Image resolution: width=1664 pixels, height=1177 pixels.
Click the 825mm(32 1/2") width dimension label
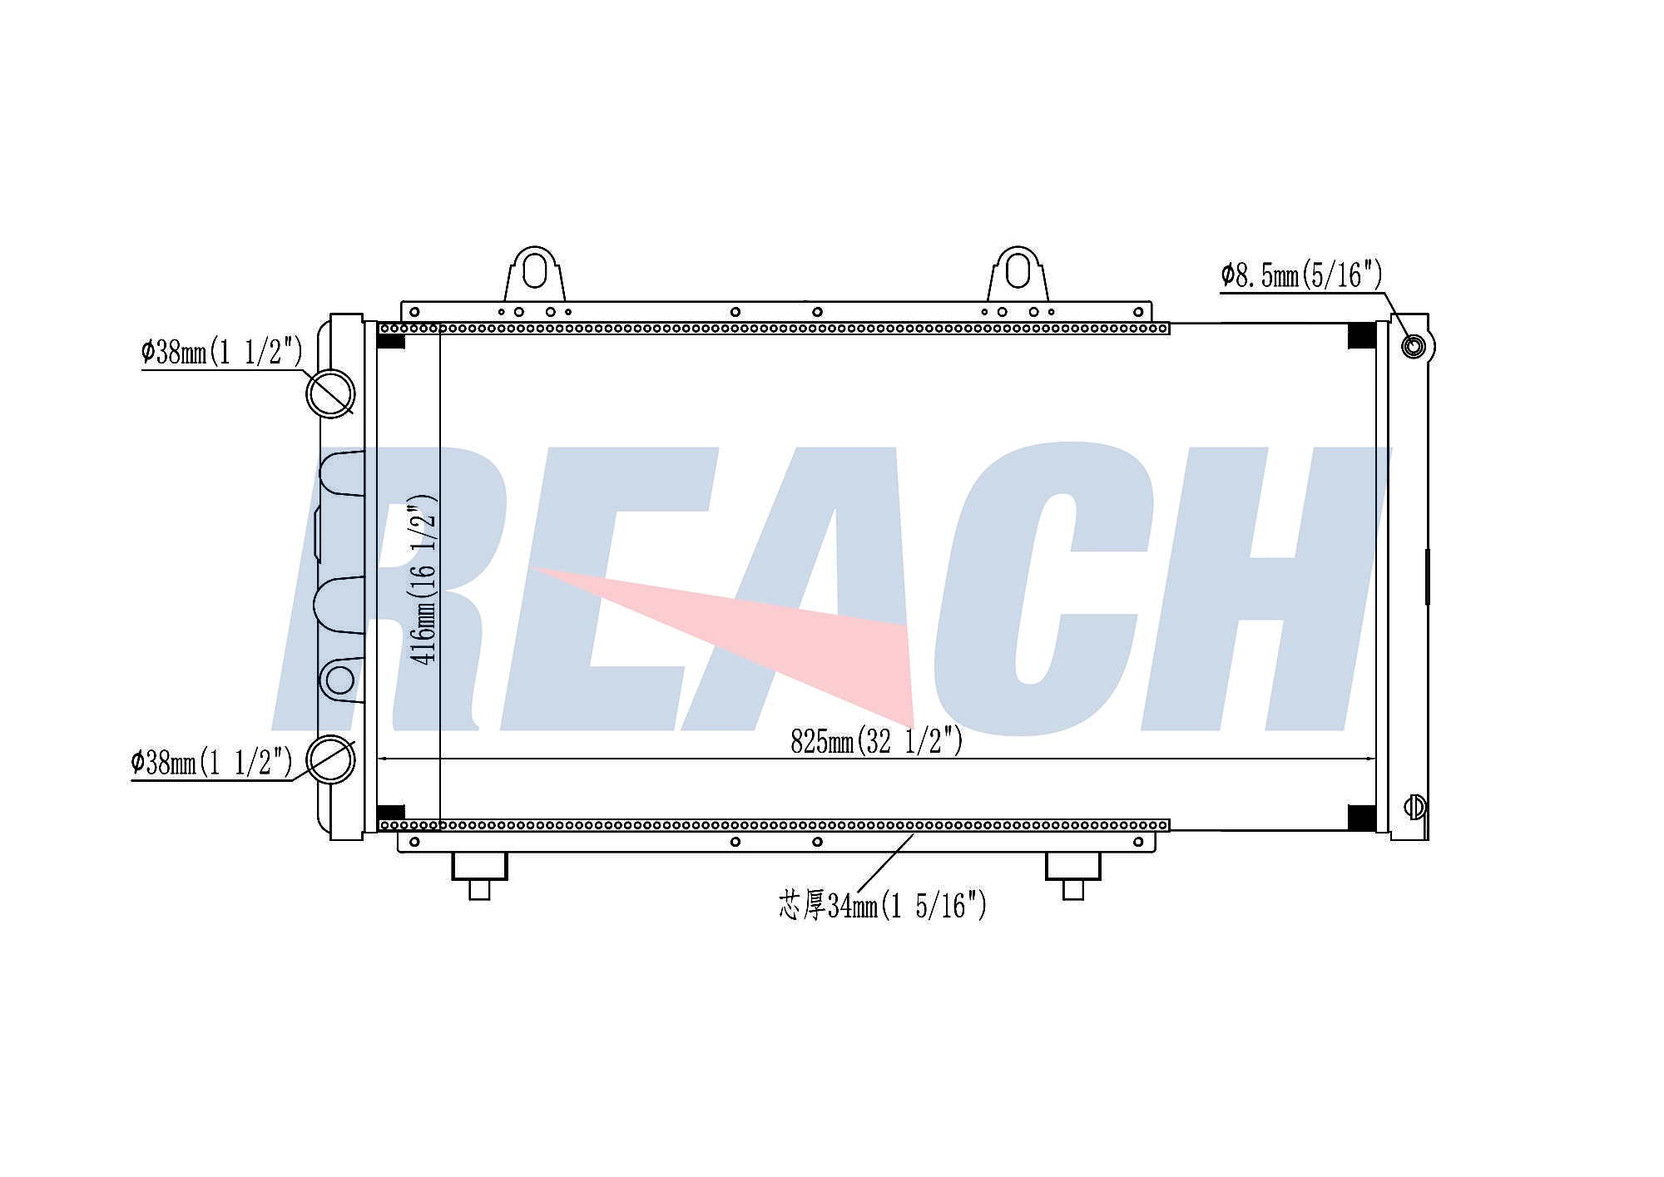coord(876,739)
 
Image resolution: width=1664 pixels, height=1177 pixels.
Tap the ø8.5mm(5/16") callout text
coord(1301,274)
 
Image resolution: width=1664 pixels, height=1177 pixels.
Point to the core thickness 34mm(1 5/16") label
coord(883,905)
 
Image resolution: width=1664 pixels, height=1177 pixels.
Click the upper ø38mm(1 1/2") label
coord(222,352)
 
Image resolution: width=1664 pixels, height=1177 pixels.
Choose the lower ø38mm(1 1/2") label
coord(211,761)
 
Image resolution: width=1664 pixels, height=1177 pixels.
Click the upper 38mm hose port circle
coord(330,393)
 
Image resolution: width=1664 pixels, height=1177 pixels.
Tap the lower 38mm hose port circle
coord(330,759)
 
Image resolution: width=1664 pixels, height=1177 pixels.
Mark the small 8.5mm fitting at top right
coord(1414,345)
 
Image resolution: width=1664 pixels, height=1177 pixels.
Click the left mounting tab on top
coord(535,274)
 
